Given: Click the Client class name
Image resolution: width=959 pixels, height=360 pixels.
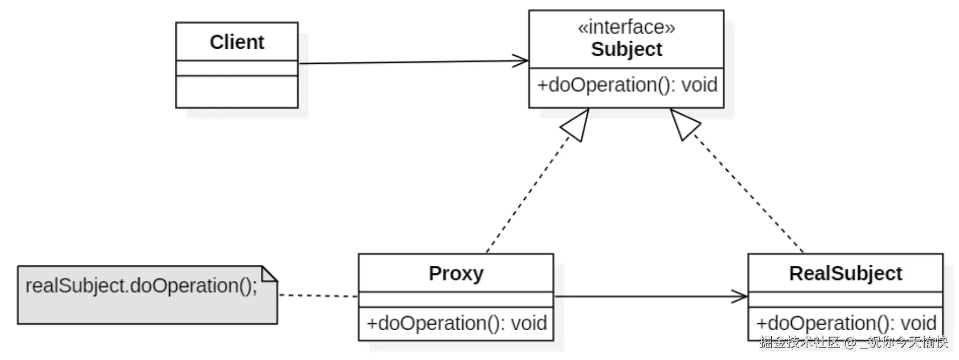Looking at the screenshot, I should [237, 42].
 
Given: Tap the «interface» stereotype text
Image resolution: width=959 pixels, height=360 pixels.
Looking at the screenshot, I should [626, 27].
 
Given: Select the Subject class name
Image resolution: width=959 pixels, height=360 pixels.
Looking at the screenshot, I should [626, 49].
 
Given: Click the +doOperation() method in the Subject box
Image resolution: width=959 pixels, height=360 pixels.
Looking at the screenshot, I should [627, 85].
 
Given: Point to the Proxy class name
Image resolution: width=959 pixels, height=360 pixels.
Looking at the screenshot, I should [456, 273].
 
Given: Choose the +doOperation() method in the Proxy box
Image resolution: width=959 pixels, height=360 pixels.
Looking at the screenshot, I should [456, 323].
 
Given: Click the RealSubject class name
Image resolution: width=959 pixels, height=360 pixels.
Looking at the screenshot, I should [845, 273].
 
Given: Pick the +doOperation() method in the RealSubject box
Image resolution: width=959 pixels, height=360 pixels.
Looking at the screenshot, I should [845, 323].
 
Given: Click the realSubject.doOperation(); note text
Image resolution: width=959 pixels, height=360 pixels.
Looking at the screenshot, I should [141, 286].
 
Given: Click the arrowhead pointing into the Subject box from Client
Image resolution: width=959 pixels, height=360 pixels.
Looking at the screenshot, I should [522, 61].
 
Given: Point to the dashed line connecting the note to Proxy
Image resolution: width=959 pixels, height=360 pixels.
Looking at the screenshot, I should [318, 296].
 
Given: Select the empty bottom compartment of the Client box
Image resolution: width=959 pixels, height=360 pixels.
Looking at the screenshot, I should [237, 91].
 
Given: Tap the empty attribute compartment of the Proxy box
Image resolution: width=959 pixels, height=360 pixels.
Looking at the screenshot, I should [456, 299].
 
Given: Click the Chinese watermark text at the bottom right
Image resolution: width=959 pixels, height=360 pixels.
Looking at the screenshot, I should [853, 342].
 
